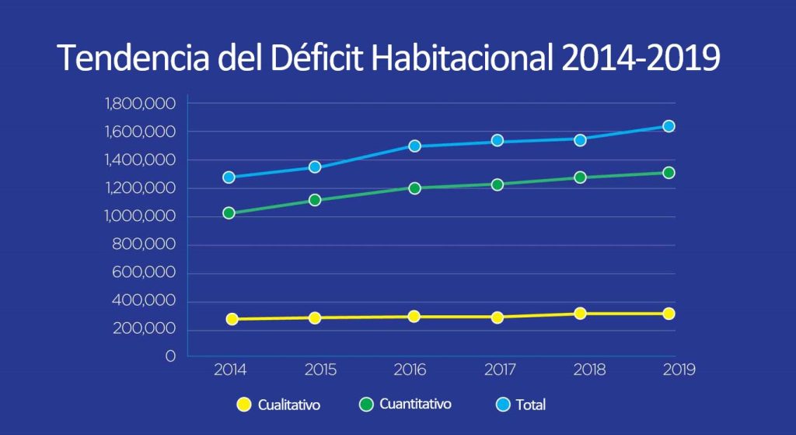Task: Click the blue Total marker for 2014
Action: pyautogui.click(x=229, y=177)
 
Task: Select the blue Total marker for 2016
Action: pyautogui.click(x=414, y=146)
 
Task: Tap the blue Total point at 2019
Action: pyautogui.click(x=668, y=126)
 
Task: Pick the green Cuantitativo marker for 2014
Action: pyautogui.click(x=229, y=212)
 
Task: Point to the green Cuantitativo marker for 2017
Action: pyautogui.click(x=497, y=184)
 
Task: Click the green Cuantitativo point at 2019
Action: pyautogui.click(x=668, y=173)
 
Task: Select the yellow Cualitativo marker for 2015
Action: pyautogui.click(x=315, y=317)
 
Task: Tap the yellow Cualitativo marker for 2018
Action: pyautogui.click(x=580, y=314)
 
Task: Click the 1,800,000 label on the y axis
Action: pyautogui.click(x=140, y=103)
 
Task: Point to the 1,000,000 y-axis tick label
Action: pyautogui.click(x=140, y=216)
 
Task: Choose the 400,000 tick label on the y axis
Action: pyautogui.click(x=145, y=301)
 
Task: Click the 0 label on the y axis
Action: pyautogui.click(x=170, y=357)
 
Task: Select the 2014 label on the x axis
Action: pyautogui.click(x=230, y=370)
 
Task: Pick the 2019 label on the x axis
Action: pyautogui.click(x=678, y=370)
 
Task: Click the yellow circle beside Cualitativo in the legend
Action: pyautogui.click(x=243, y=405)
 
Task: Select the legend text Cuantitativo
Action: pyautogui.click(x=415, y=405)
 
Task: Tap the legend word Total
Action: pyautogui.click(x=530, y=405)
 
